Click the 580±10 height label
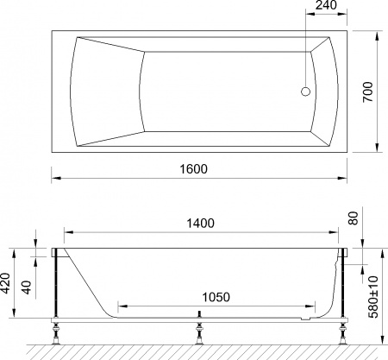(x=373, y=294)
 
